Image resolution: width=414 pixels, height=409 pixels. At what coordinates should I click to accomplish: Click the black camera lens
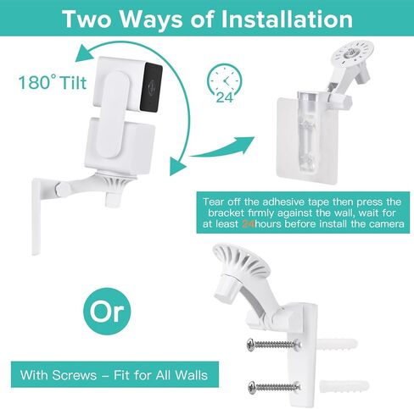pyautogui.click(x=150, y=83)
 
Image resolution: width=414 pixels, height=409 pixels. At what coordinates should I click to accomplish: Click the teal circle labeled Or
pyautogui.click(x=106, y=312)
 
